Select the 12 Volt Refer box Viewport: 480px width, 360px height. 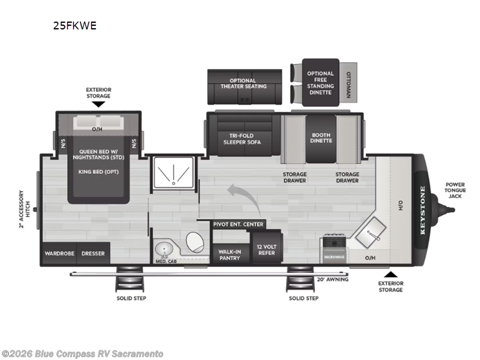(266, 250)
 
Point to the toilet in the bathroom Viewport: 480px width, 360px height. (194, 243)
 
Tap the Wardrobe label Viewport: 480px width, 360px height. (59, 253)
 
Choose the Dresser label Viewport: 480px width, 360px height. (93, 253)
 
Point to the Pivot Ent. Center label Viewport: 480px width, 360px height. (238, 224)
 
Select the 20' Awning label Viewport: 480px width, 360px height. (332, 279)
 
